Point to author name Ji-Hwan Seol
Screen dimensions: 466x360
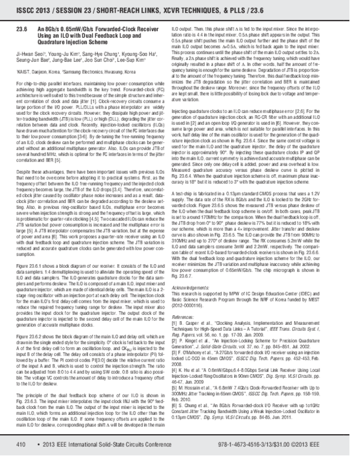(29, 53)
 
